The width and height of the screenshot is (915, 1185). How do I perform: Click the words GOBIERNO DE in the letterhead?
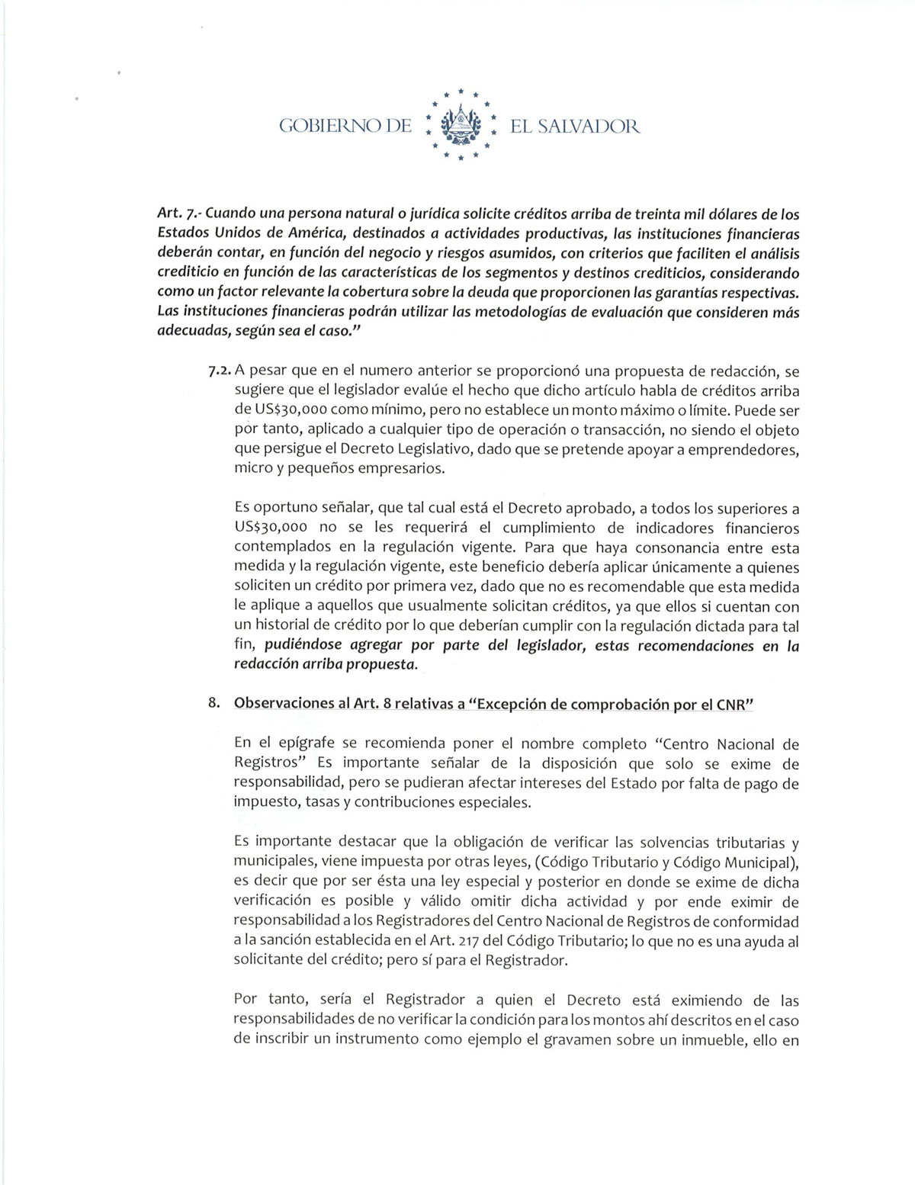pyautogui.click(x=345, y=126)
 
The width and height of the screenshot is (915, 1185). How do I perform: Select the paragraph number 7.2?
pyautogui.click(x=219, y=371)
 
